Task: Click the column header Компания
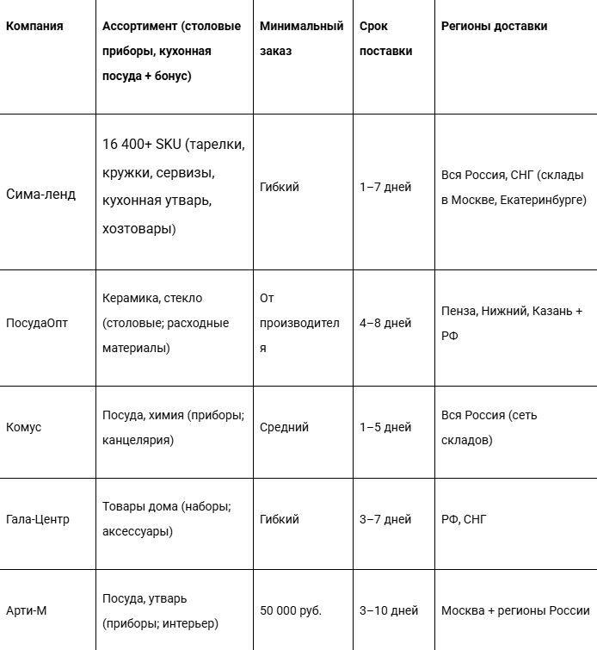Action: tap(34, 26)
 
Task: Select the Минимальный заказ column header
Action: tap(300, 39)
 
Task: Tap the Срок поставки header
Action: tap(385, 39)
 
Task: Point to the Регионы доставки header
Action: tap(494, 26)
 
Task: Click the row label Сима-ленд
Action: tap(40, 194)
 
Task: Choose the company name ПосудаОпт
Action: tap(37, 324)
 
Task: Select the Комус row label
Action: tap(23, 427)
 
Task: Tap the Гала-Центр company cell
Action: tap(38, 519)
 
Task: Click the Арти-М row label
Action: tap(27, 610)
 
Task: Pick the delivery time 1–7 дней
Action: tap(385, 187)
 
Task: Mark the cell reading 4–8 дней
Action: tap(385, 324)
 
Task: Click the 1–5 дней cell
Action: tap(385, 427)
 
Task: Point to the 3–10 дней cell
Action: tap(389, 610)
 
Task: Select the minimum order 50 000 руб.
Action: tap(291, 610)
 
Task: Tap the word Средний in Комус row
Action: tap(284, 427)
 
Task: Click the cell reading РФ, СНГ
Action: tap(464, 519)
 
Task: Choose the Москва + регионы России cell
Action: tap(515, 610)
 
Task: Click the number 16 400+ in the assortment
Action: tap(126, 144)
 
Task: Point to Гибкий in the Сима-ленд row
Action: tap(280, 187)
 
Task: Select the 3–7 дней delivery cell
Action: tap(385, 519)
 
